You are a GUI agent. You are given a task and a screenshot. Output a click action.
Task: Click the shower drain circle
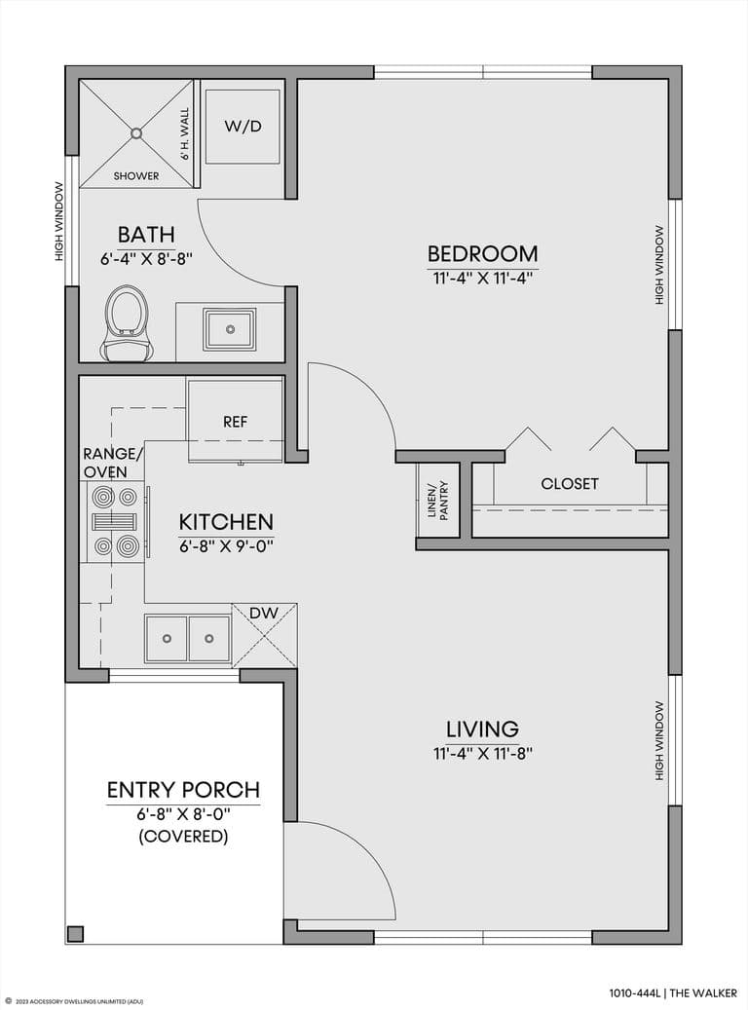136,133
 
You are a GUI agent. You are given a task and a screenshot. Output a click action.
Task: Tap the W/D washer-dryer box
243,127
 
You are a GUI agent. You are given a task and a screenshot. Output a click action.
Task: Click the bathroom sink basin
230,329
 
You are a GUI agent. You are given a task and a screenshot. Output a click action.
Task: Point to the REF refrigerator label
235,422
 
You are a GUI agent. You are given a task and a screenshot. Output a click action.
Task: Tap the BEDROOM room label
482,254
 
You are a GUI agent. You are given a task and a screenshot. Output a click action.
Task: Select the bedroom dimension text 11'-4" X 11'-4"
482,279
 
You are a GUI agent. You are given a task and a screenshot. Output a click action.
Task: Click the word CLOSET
570,484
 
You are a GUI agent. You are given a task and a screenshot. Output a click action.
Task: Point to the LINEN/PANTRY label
438,501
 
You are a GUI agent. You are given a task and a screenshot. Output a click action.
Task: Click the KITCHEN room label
226,522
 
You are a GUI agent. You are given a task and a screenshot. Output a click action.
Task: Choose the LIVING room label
482,729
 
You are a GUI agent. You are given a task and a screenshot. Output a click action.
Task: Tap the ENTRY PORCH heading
184,790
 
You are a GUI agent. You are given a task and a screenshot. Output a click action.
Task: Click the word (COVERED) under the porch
184,836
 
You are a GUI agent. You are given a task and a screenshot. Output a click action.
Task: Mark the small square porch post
75,934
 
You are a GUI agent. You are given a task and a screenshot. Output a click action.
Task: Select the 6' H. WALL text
185,134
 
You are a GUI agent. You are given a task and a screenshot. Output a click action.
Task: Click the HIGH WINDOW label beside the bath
59,222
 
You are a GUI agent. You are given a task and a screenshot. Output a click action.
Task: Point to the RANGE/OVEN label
113,464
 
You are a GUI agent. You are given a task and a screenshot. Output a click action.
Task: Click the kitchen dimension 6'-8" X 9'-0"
226,546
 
